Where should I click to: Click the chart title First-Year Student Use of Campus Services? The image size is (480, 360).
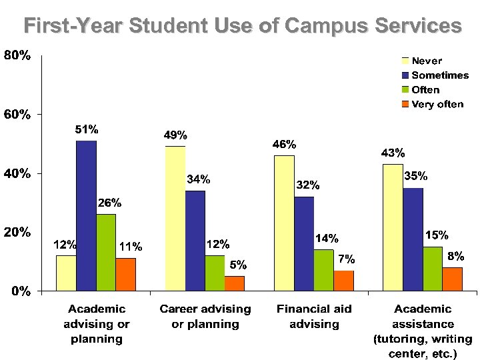coord(242,26)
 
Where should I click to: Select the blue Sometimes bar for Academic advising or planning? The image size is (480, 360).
coord(86,216)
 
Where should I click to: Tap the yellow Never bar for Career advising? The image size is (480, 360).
coord(175,219)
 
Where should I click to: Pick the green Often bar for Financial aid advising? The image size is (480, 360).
coord(323,270)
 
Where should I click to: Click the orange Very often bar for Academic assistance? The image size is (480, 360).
coord(452,279)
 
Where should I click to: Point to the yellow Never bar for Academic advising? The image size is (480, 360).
coord(66,273)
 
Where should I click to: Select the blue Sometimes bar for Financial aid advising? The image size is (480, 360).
coord(304,243)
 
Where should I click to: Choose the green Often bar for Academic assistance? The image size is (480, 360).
coord(433,269)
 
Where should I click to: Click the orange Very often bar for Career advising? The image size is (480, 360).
coord(235,283)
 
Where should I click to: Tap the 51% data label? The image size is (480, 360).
coord(86,129)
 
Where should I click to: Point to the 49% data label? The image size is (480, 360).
coord(175,135)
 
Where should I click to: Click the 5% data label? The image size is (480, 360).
coord(238,265)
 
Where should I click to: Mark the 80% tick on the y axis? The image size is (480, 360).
coord(17,56)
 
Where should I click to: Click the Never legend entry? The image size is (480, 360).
coord(427,61)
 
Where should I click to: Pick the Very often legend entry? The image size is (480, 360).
coord(437,104)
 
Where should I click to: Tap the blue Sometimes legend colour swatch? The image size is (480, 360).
coord(404,75)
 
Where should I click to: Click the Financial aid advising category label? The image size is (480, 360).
coord(314,317)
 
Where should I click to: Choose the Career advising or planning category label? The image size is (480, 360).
coord(205,317)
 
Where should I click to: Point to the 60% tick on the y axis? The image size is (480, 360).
coord(17,115)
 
